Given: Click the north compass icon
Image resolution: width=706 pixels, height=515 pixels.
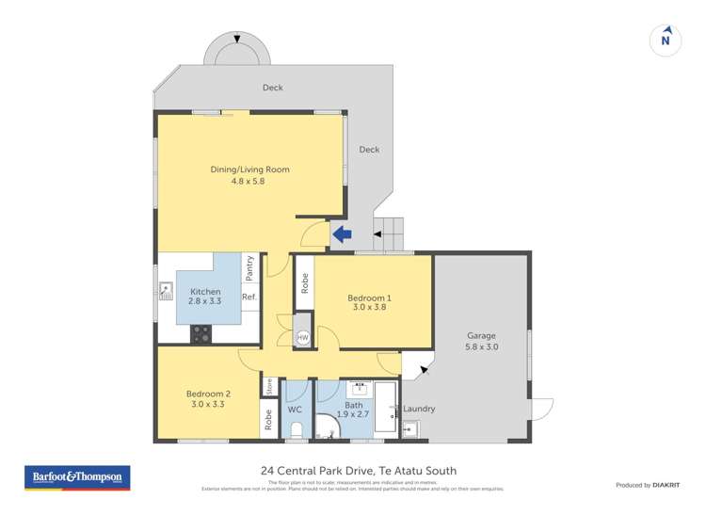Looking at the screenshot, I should click(x=666, y=39).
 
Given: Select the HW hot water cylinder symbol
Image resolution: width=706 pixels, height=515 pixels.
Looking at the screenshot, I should click(x=302, y=337).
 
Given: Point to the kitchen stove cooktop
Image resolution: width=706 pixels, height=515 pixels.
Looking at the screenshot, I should click(x=201, y=332).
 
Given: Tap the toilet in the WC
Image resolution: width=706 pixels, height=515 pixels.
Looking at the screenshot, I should click(x=296, y=431).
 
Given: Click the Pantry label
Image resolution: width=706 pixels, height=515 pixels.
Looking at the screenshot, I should click(x=249, y=268).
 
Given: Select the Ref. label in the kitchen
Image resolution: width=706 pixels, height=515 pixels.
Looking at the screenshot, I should click(x=249, y=298).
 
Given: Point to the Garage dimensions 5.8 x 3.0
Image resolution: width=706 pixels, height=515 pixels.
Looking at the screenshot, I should click(x=481, y=346).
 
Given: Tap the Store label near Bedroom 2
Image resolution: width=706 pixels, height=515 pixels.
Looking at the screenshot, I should click(x=269, y=385).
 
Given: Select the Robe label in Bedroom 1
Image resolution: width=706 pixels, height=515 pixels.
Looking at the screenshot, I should click(x=304, y=282).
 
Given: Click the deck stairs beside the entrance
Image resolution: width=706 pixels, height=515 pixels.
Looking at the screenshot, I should click(x=389, y=232).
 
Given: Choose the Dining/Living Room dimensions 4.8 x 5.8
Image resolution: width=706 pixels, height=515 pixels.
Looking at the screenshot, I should click(x=249, y=181).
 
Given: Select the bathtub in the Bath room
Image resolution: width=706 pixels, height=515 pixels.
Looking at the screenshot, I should click(x=386, y=408).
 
